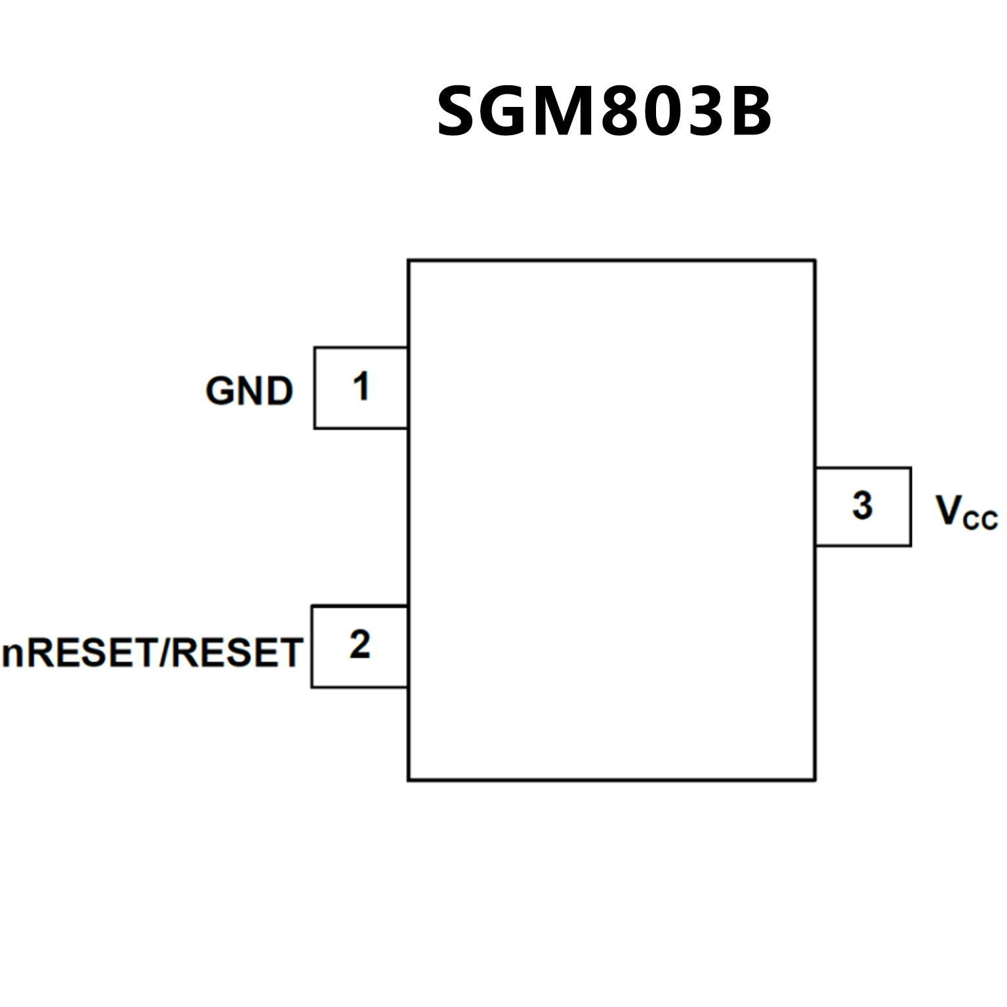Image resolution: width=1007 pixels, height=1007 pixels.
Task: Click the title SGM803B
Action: [x=604, y=112]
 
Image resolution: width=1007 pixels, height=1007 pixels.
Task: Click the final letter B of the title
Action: [x=748, y=112]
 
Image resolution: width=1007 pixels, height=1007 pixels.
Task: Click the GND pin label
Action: [x=249, y=391]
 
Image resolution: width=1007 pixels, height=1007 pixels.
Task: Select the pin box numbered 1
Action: [x=361, y=388]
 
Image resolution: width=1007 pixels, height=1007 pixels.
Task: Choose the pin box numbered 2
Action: [x=360, y=646]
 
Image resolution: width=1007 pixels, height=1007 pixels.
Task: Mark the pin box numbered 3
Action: [x=863, y=506]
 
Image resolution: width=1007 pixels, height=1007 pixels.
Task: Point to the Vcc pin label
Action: [x=966, y=512]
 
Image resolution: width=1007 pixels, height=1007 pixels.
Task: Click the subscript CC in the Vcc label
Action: [x=980, y=520]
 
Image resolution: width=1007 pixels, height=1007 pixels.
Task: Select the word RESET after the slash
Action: [x=237, y=653]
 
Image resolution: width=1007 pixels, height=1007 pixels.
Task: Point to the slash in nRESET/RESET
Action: [x=165, y=653]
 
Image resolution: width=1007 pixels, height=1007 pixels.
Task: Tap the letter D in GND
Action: [x=279, y=392]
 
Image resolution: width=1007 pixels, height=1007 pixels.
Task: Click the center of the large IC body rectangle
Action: [x=611, y=520]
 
